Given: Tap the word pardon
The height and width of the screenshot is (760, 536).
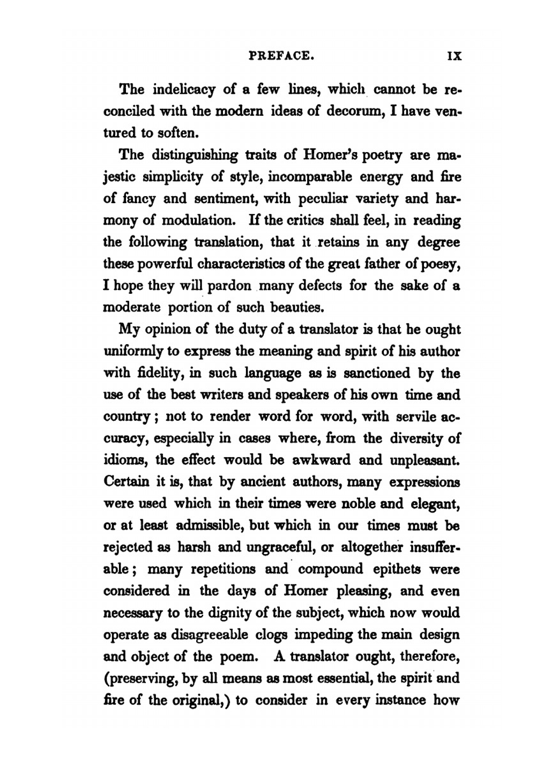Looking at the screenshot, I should coord(229,286).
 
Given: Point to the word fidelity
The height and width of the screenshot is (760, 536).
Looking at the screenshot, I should coord(151,373).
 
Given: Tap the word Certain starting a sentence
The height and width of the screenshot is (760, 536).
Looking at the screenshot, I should coord(126,482).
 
